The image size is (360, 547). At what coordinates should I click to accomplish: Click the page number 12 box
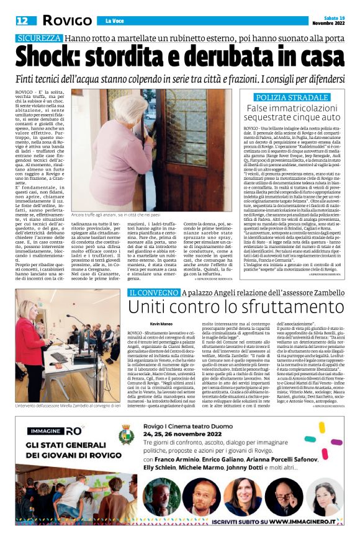tap(22, 21)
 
